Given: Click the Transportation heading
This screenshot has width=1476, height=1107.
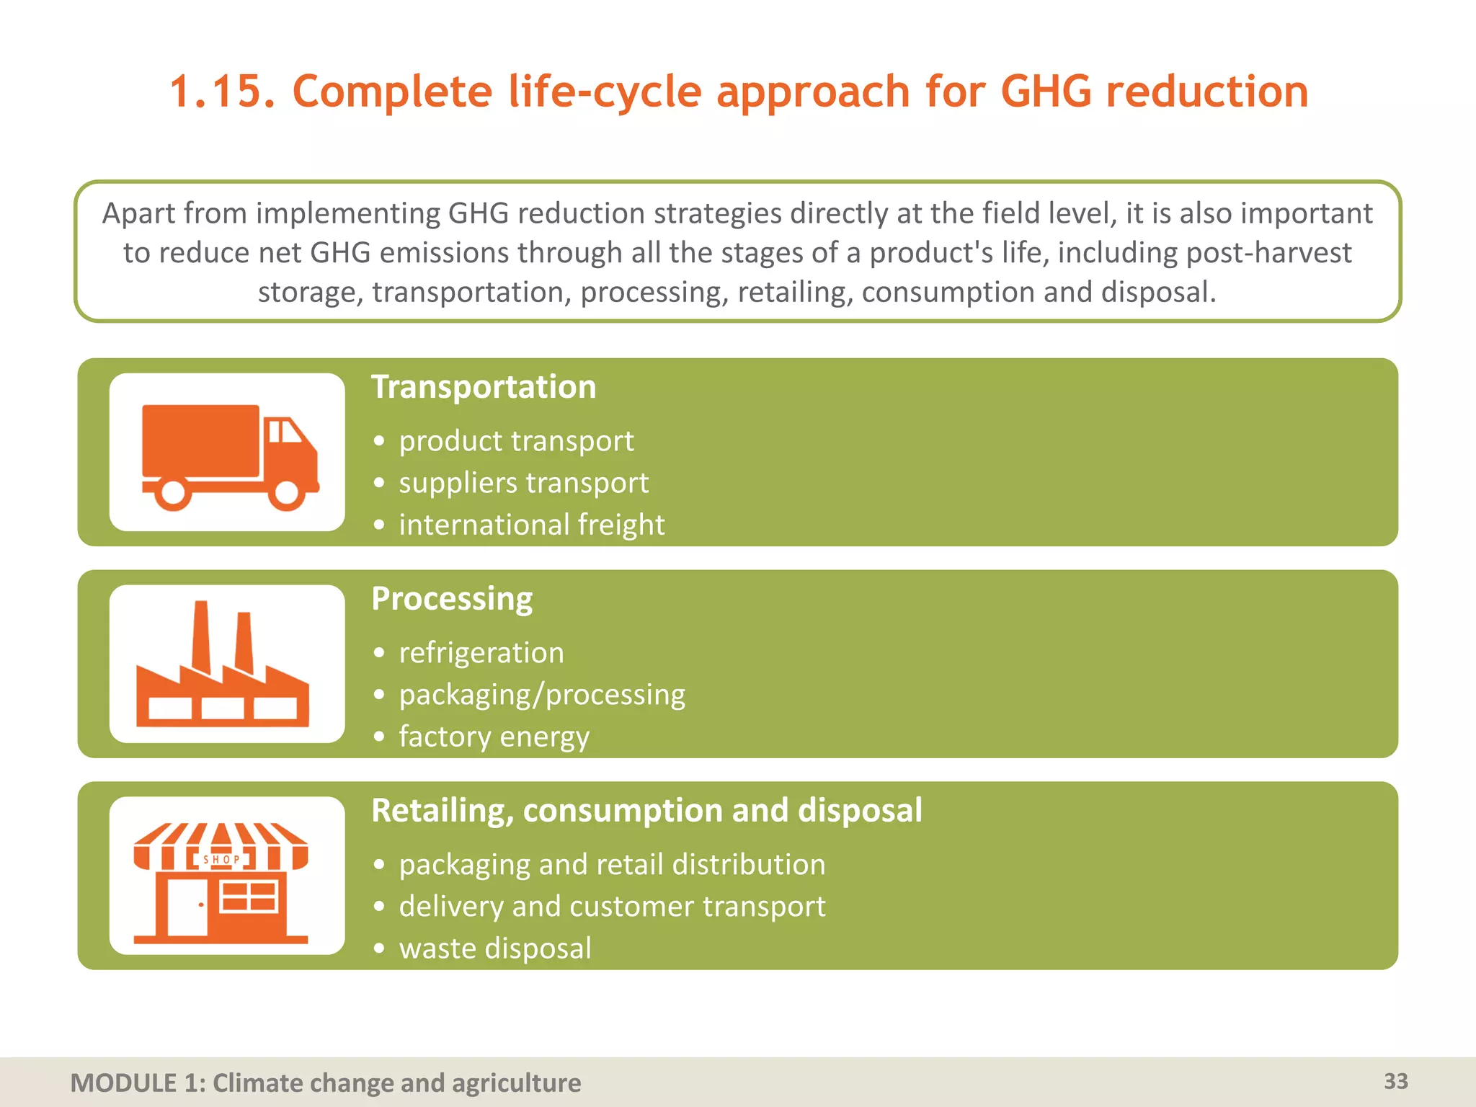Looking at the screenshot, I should click(x=484, y=388).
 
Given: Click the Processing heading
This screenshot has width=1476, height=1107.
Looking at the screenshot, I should click(x=452, y=600).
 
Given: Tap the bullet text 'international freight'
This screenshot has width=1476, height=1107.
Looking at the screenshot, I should click(x=531, y=525).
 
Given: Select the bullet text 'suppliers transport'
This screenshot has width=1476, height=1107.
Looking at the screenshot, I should click(x=523, y=483).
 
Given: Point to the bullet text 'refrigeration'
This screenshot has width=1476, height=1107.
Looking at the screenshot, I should click(x=481, y=653).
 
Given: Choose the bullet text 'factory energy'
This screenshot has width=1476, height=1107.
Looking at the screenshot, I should click(x=494, y=737).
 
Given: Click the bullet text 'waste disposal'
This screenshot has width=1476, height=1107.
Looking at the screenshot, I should click(x=495, y=948).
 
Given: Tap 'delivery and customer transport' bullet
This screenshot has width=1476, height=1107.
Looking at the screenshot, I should click(x=612, y=907).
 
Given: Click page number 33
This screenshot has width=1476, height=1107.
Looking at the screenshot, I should click(x=1395, y=1081).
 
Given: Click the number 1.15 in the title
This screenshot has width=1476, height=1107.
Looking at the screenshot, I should click(x=222, y=92).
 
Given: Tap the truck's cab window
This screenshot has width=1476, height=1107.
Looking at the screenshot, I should click(x=285, y=432).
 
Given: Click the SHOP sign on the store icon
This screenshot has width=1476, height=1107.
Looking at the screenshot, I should click(x=221, y=859).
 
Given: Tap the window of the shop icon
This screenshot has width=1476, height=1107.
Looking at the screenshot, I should click(x=249, y=897).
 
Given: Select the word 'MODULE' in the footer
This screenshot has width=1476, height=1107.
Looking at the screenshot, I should click(x=123, y=1083).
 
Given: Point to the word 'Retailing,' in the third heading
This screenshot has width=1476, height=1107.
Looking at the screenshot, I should click(x=442, y=812).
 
